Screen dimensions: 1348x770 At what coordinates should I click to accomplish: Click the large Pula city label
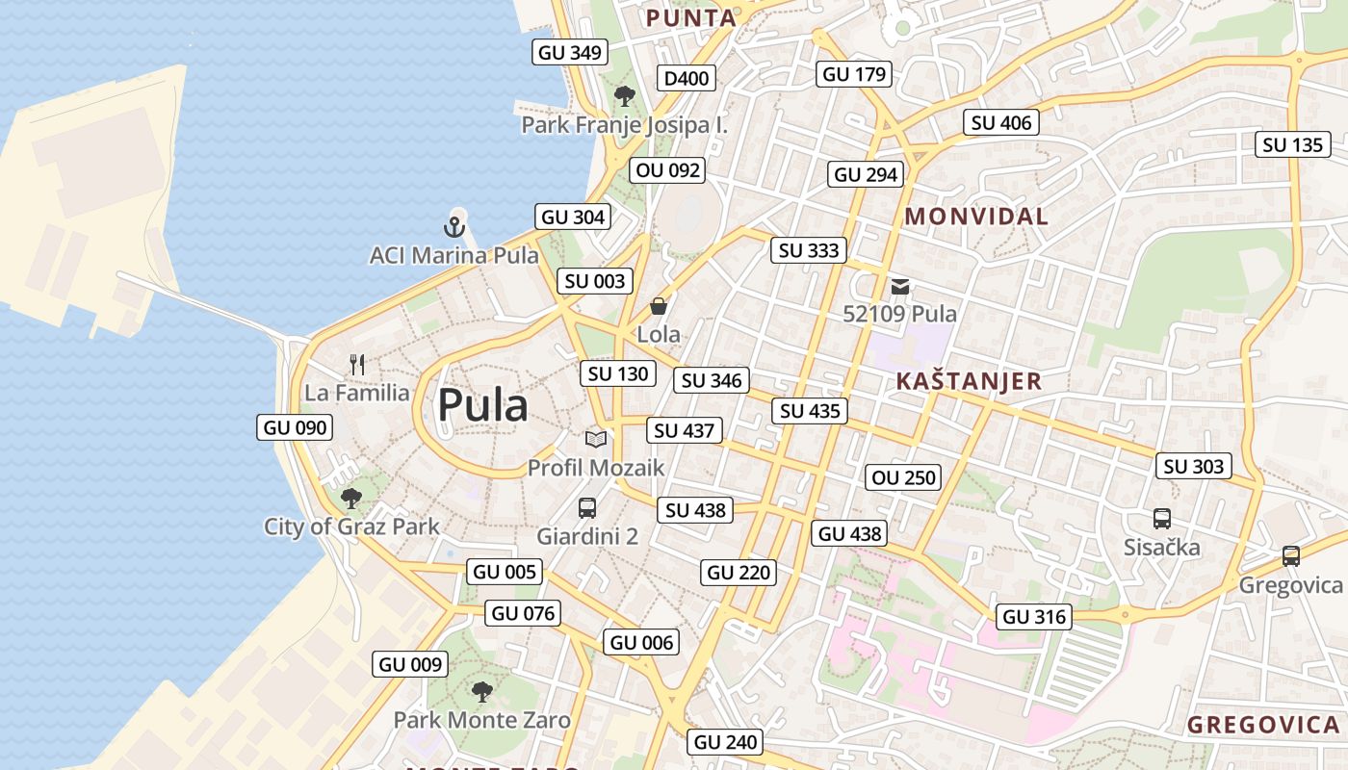pyautogui.click(x=482, y=405)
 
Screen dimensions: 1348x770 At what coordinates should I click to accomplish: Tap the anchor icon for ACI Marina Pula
pyautogui.click(x=454, y=227)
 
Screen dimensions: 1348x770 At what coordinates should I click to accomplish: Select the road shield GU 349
pyautogui.click(x=570, y=53)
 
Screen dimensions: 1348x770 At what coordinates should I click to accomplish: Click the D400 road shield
pyautogui.click(x=687, y=79)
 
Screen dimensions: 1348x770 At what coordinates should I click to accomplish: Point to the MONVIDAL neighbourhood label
pyautogui.click(x=976, y=217)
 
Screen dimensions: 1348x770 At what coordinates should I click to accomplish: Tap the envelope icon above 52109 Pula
pyautogui.click(x=900, y=286)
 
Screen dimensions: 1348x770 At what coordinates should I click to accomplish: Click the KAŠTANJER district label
pyautogui.click(x=969, y=381)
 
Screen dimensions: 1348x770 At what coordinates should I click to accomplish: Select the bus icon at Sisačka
pyautogui.click(x=1162, y=518)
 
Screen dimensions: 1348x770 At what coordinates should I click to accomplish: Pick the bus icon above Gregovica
pyautogui.click(x=1290, y=556)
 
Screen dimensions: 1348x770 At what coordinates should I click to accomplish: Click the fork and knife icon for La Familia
pyautogui.click(x=357, y=365)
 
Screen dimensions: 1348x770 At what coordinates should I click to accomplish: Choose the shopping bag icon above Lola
pyautogui.click(x=659, y=307)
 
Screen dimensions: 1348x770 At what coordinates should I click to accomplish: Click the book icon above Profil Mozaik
pyautogui.click(x=596, y=440)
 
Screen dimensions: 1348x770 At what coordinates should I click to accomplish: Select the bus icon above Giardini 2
pyautogui.click(x=587, y=508)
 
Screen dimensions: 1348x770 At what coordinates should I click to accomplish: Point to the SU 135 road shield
pyautogui.click(x=1293, y=145)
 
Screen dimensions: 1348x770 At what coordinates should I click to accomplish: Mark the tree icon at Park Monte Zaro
pyautogui.click(x=481, y=691)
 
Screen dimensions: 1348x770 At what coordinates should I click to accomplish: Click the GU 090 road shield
pyautogui.click(x=295, y=427)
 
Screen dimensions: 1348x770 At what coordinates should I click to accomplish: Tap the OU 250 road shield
pyautogui.click(x=903, y=477)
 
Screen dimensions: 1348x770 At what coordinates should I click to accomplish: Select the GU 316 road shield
pyautogui.click(x=1035, y=617)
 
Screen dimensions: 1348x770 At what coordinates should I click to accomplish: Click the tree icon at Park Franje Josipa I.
pyautogui.click(x=625, y=95)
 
